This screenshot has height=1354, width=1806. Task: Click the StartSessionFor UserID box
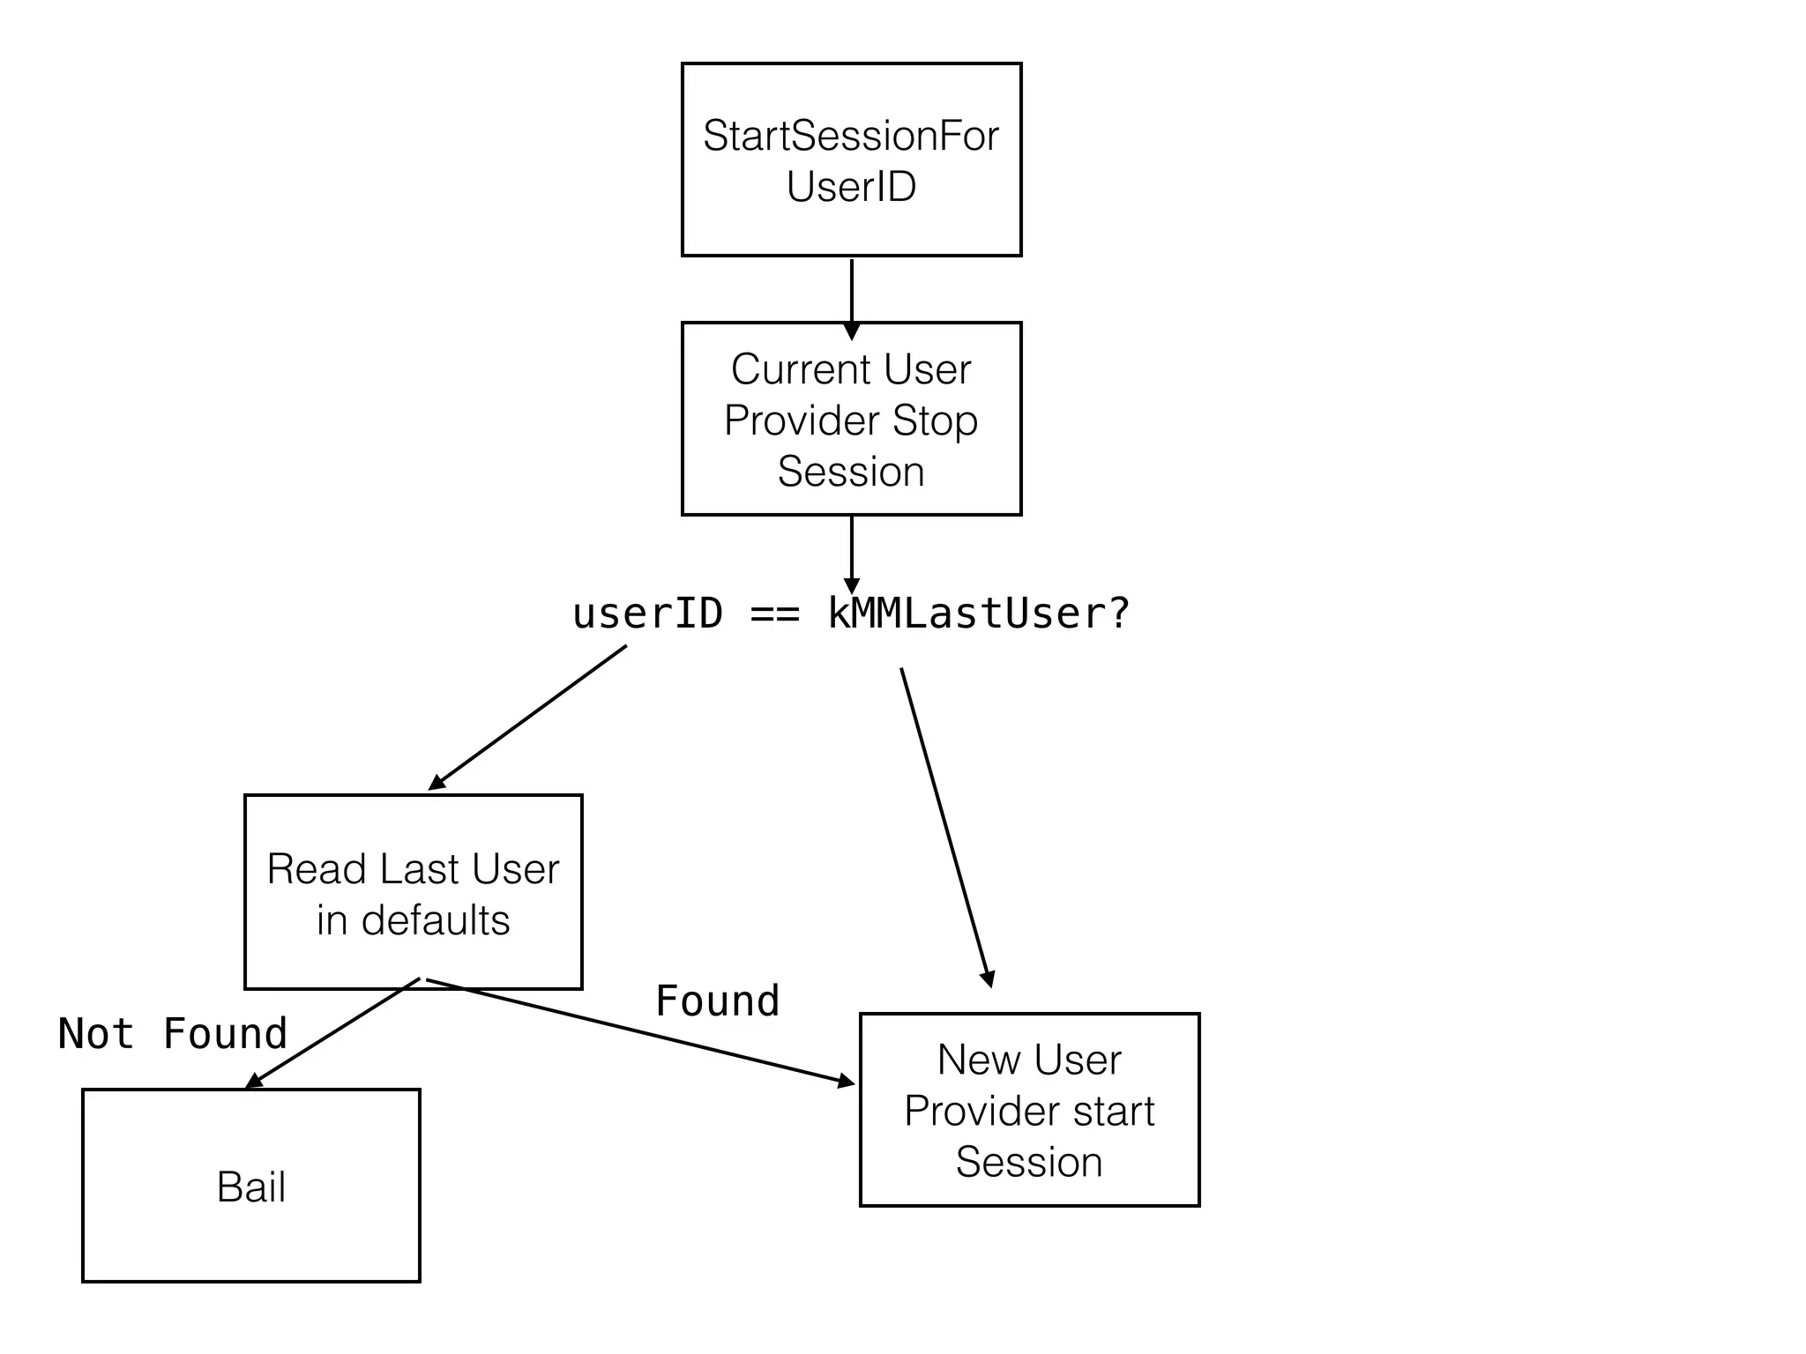[x=851, y=159]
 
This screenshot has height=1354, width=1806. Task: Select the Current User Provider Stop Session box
[x=851, y=419]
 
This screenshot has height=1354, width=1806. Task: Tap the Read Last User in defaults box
[x=413, y=892]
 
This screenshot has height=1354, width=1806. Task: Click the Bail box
[x=250, y=1186]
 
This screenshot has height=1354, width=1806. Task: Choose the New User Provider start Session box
[x=1029, y=1110]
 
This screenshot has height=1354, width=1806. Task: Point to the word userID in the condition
[x=648, y=614]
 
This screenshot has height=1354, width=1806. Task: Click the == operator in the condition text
[x=775, y=614]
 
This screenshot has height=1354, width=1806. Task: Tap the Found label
[x=718, y=1001]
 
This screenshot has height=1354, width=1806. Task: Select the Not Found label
[x=173, y=1034]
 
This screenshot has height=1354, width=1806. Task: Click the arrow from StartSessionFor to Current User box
[x=851, y=295]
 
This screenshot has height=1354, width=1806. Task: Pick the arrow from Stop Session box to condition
[x=851, y=551]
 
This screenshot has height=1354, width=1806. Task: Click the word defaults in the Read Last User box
[x=436, y=921]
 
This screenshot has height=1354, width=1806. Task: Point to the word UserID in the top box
[x=851, y=187]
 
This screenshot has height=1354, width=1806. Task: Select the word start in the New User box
[x=1114, y=1111]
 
